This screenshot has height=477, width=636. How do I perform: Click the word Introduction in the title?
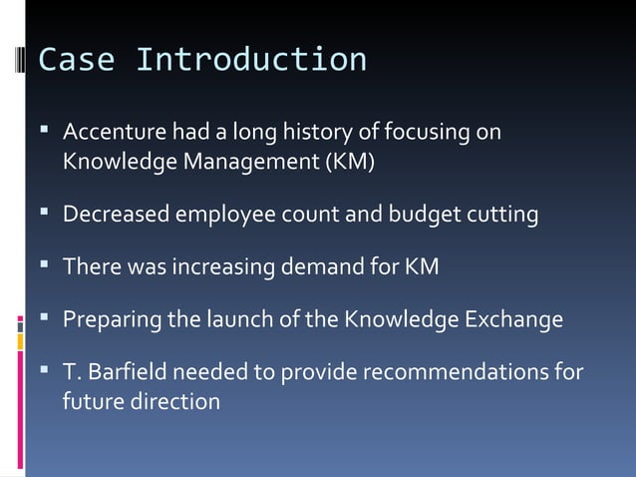tap(250, 60)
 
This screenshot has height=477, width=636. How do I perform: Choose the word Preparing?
tap(107, 321)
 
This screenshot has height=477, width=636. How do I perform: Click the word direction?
tap(177, 402)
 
